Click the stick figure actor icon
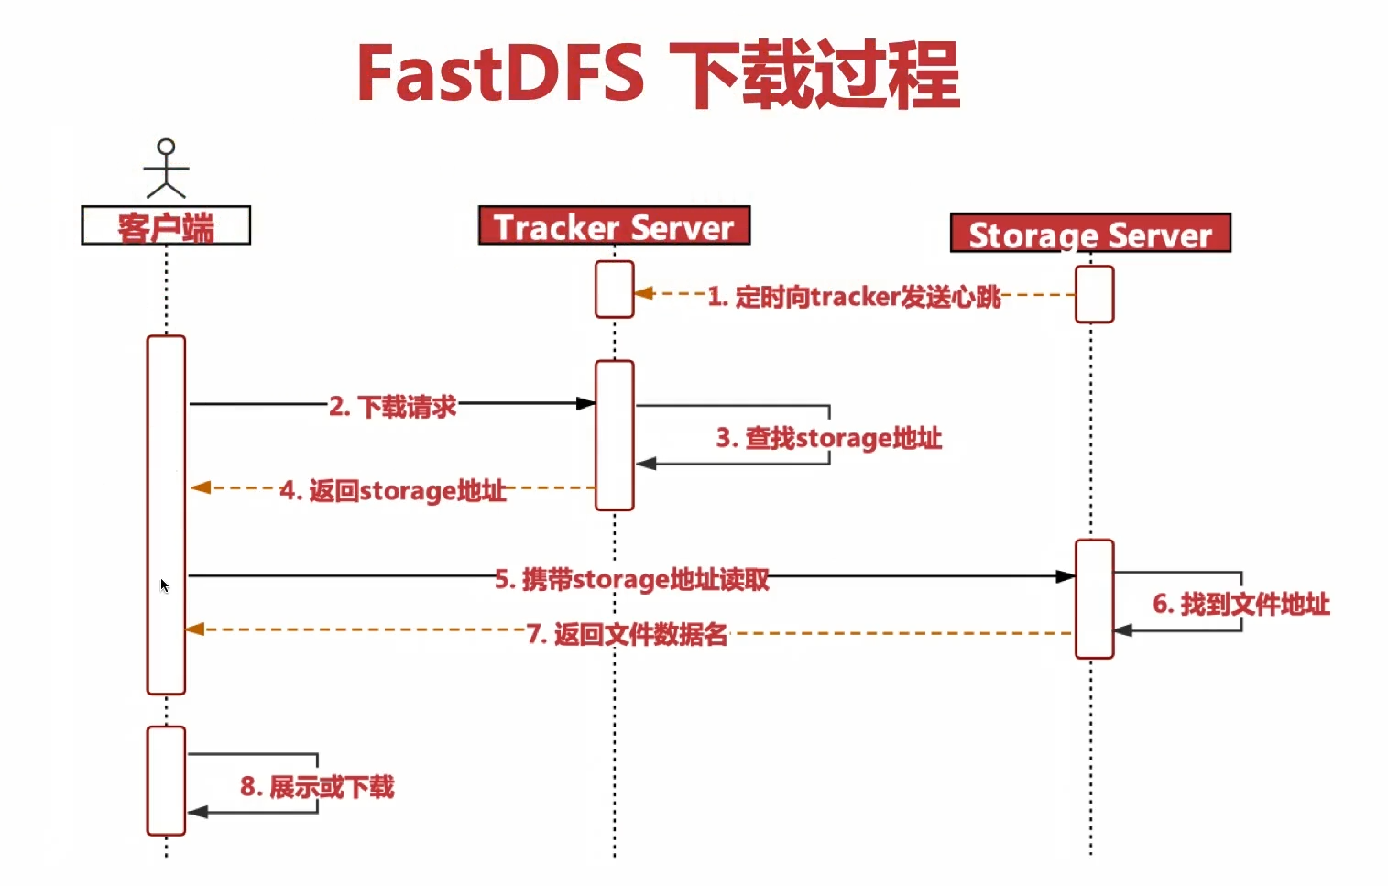coord(166,169)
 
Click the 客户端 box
coord(166,225)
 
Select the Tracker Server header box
coord(614,226)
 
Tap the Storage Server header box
coord(1090,234)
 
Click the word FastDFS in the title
coord(500,73)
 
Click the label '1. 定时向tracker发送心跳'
coord(854,297)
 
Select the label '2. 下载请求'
coord(393,406)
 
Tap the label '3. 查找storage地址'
coord(829,438)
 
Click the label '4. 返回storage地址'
coord(393,491)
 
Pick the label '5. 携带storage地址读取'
coord(632,579)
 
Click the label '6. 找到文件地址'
coord(1241,604)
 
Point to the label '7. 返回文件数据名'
coord(628,634)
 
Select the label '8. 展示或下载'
coord(317,786)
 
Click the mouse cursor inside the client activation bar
coord(164,585)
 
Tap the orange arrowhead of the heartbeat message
coord(644,293)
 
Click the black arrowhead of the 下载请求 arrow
coord(585,403)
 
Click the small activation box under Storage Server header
coord(1094,294)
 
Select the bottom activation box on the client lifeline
coord(166,781)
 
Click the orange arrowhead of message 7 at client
coord(195,629)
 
